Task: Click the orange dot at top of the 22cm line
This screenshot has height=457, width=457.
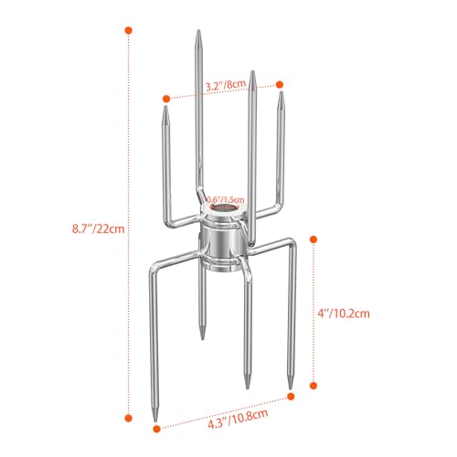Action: click(x=127, y=31)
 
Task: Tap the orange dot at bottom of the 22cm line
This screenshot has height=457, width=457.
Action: click(x=127, y=417)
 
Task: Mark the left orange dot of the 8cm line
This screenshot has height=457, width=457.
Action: click(x=166, y=97)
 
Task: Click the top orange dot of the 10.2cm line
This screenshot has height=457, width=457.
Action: click(x=314, y=239)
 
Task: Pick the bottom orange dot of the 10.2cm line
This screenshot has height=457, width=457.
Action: click(x=314, y=387)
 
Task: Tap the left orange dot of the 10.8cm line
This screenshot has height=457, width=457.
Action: click(x=154, y=423)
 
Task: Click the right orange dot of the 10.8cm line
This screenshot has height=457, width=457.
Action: click(x=292, y=396)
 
